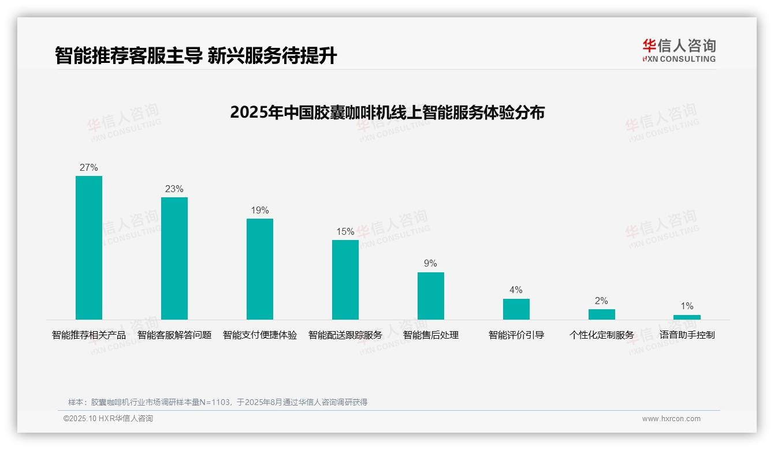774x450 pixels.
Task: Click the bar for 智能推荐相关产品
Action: point(89,247)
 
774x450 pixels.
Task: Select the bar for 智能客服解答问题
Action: point(174,258)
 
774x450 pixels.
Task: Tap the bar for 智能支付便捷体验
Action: point(260,269)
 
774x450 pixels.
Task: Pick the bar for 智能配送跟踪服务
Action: point(345,280)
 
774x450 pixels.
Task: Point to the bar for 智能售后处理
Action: point(431,296)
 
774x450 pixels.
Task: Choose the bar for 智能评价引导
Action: point(516,309)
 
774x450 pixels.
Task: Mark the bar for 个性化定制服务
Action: point(602,314)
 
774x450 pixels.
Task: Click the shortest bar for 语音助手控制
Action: point(687,317)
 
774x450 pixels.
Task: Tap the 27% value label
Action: point(89,168)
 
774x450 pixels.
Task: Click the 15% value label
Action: point(345,232)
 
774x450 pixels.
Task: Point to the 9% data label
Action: point(431,264)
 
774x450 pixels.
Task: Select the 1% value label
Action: point(687,306)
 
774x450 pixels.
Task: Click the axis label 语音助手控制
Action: point(687,335)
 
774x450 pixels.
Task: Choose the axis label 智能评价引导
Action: point(516,335)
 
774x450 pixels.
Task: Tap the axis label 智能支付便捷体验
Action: point(260,335)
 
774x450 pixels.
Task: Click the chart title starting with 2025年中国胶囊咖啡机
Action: point(387,112)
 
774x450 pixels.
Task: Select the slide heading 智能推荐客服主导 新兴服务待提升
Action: point(196,56)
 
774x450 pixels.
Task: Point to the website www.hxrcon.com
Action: point(671,419)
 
